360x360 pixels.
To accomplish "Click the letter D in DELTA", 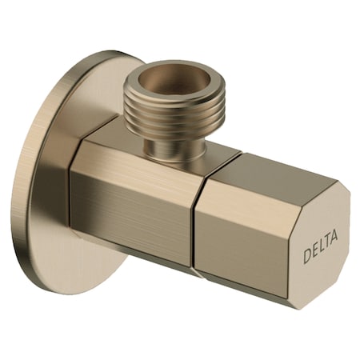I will coord(308,257).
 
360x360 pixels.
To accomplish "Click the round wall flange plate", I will coord(48,200).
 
